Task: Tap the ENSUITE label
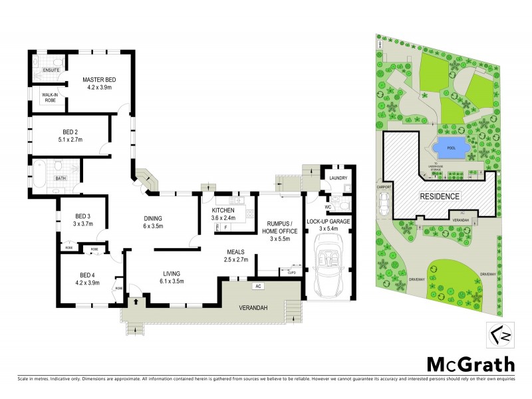[51, 70]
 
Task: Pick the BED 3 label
[82, 215]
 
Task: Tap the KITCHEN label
[223, 210]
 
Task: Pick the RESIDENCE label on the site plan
[439, 197]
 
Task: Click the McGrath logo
[469, 364]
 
